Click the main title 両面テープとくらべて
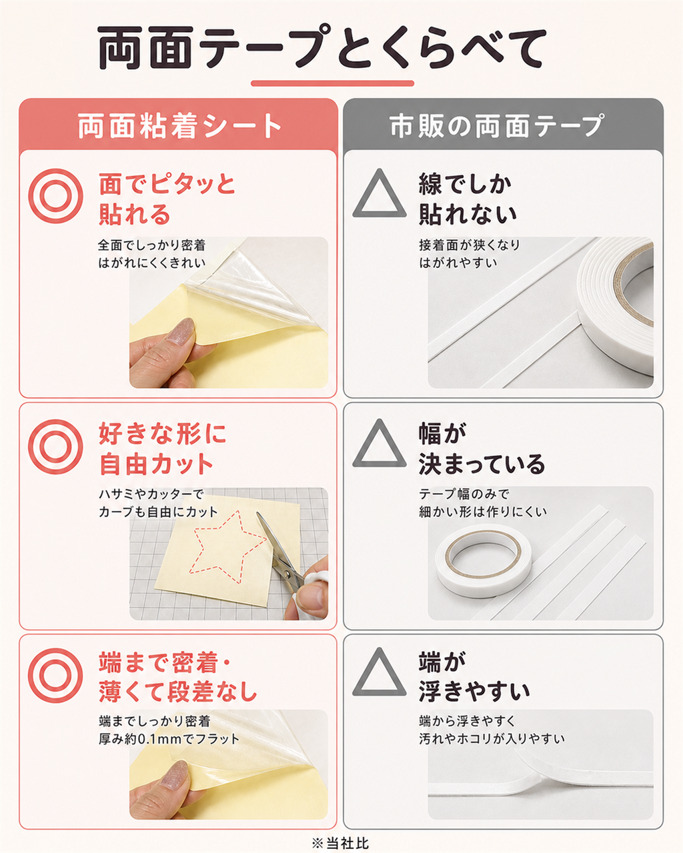click(x=321, y=47)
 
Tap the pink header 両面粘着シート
click(x=180, y=126)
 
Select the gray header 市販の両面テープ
click(x=498, y=126)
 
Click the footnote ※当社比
click(x=341, y=843)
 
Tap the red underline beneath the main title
click(x=333, y=83)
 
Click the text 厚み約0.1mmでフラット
click(x=169, y=739)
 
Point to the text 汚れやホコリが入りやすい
click(x=492, y=739)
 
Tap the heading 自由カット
click(x=156, y=464)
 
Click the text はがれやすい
click(x=458, y=263)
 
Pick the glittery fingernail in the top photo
click(x=180, y=330)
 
